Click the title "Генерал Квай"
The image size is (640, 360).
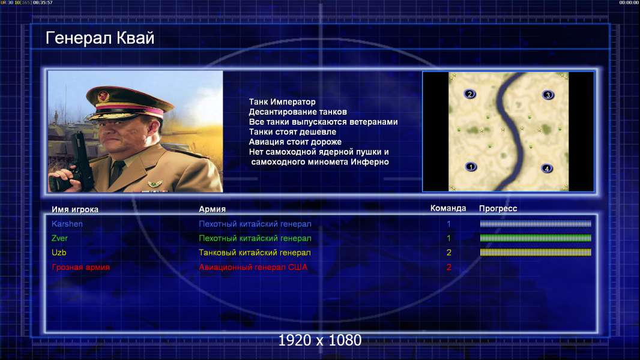pos(100,38)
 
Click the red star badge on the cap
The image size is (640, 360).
pos(103,97)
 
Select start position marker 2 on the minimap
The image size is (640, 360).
pos(470,94)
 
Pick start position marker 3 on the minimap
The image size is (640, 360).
pos(548,95)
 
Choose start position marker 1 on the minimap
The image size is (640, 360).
pos(471,167)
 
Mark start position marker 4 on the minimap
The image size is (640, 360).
pos(546,169)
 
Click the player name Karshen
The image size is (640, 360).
pos(67,224)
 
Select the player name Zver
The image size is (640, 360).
pos(59,238)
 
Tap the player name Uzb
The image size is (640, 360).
pos(59,253)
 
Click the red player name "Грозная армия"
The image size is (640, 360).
pos(81,268)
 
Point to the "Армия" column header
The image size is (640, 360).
pos(213,209)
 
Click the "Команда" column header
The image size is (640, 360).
pos(448,208)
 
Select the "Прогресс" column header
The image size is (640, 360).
pos(498,209)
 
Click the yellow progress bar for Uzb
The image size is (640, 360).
pos(536,253)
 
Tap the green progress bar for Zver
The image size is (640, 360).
pos(536,238)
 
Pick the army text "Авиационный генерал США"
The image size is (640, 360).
pos(253,268)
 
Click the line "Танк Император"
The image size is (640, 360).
pos(282,102)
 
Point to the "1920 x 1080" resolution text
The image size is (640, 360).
pos(320,340)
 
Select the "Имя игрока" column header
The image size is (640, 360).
pos(74,209)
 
